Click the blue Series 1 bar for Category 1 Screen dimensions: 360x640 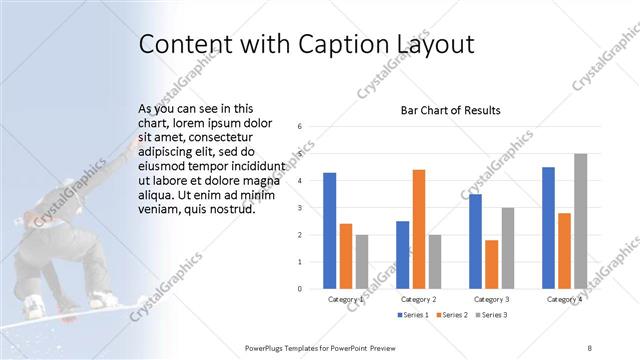click(329, 231)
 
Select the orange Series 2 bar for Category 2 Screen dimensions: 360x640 click(418, 229)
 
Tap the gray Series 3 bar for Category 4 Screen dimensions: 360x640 click(580, 221)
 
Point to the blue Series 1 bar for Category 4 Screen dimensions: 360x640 click(548, 228)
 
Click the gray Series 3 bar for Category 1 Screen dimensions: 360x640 click(361, 262)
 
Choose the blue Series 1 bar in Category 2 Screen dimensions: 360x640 click(402, 255)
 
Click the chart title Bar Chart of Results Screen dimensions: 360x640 click(450, 110)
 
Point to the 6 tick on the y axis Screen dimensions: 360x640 click(300, 127)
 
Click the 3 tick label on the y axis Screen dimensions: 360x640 click(300, 208)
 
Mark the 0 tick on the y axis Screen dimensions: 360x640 click(300, 289)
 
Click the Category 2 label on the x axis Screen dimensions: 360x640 click(418, 300)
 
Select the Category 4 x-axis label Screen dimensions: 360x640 click(564, 300)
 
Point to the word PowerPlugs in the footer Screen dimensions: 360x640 click(267, 348)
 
